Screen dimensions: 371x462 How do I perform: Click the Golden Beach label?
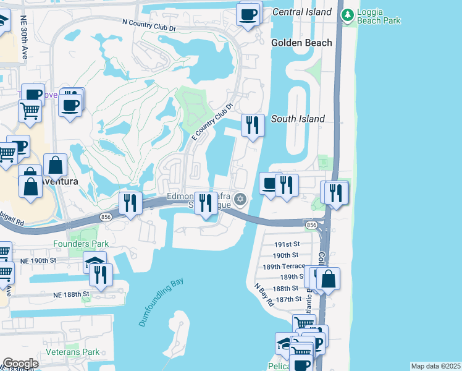point(301,43)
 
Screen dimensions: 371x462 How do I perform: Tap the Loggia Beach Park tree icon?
point(348,14)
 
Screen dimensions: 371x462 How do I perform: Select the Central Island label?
point(302,12)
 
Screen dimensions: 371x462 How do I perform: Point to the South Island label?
point(298,118)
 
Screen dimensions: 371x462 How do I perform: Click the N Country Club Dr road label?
point(149,25)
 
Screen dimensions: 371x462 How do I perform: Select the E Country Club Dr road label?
point(212,122)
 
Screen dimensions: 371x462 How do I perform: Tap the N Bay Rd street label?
point(264,295)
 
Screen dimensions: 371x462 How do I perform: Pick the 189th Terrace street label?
point(284,266)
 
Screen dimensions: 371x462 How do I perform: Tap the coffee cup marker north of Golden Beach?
point(250,14)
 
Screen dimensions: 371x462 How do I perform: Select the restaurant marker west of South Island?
point(253,125)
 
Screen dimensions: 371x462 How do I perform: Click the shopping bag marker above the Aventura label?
point(55,165)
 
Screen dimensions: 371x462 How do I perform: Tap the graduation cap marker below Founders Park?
point(94,262)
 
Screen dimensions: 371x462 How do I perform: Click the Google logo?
point(20,364)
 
